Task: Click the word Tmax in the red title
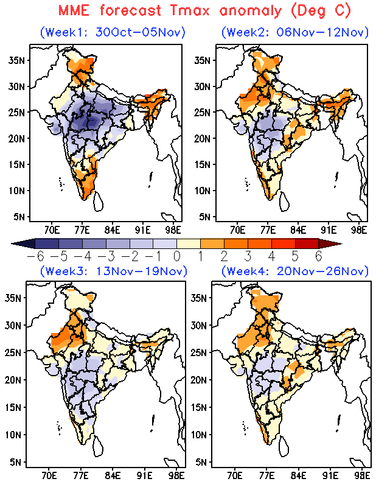pyautogui.click(x=190, y=11)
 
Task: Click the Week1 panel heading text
pyautogui.click(x=113, y=32)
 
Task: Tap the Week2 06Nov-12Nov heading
pyautogui.click(x=295, y=32)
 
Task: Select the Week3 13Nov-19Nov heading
pyautogui.click(x=114, y=271)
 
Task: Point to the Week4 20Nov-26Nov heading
pyautogui.click(x=295, y=271)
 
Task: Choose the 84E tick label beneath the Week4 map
pyautogui.click(x=298, y=476)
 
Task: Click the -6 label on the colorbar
pyautogui.click(x=36, y=256)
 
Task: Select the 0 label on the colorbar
pyautogui.click(x=177, y=256)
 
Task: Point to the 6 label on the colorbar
pyautogui.click(x=319, y=256)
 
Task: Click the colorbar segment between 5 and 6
pyautogui.click(x=307, y=243)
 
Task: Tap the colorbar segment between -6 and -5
pyautogui.click(x=47, y=243)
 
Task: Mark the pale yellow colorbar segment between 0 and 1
pyautogui.click(x=189, y=243)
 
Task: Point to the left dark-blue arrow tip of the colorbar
pyautogui.click(x=12, y=244)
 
